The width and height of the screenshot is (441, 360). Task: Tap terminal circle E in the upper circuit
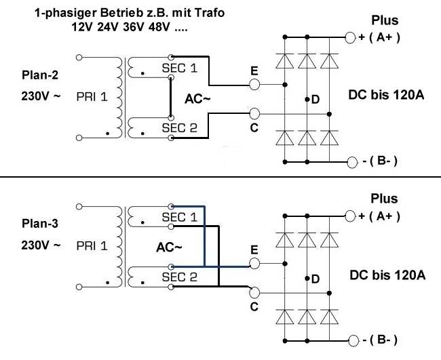[255, 85]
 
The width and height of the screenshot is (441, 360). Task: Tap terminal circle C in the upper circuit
[255, 113]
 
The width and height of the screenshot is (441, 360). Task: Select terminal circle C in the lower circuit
[254, 293]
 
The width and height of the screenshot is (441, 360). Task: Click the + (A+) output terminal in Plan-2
[351, 37]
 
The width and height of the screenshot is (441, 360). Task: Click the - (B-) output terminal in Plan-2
[351, 162]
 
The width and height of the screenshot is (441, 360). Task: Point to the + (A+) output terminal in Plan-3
[351, 216]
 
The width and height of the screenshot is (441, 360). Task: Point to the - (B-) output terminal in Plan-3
[351, 340]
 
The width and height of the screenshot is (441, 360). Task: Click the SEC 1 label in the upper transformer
[178, 69]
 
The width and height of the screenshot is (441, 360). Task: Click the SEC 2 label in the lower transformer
[178, 277]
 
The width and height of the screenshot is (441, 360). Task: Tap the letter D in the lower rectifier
[315, 279]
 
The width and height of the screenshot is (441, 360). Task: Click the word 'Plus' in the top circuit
[384, 20]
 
